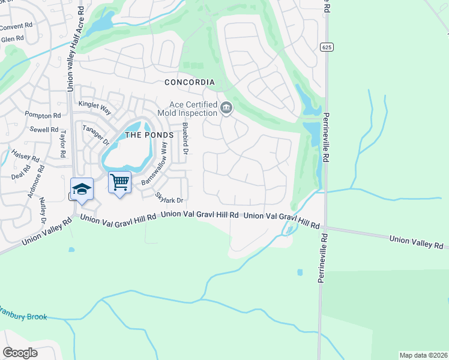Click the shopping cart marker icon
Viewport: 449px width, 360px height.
119,182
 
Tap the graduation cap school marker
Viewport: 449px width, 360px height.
82,189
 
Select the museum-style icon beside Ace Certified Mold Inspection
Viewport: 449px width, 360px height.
226,109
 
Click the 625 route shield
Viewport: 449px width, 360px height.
326,47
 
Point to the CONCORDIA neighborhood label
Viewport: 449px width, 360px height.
190,82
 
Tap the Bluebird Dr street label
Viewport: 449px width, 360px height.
185,140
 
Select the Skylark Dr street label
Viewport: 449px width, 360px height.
169,196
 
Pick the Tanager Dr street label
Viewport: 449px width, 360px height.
95,136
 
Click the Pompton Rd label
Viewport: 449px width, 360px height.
43,114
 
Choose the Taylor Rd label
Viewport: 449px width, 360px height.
62,145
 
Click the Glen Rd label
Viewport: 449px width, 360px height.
12,39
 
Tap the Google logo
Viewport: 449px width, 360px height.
20,353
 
